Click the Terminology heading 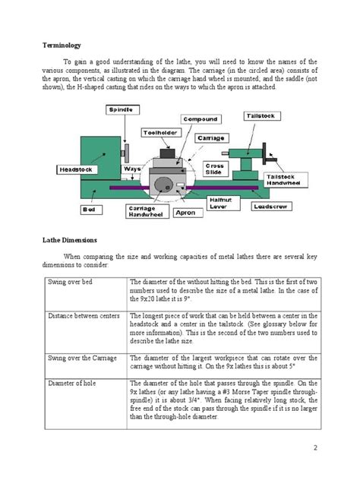point(61,46)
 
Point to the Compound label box point(201,119)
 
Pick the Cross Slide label point(214,168)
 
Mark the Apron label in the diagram point(185,213)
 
